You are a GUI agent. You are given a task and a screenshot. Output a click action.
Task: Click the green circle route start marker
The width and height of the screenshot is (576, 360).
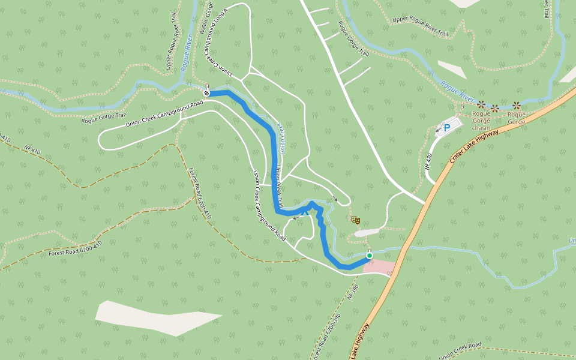tap(370, 256)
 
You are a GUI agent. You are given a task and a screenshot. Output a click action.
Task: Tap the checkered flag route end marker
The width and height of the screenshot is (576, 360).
tap(206, 93)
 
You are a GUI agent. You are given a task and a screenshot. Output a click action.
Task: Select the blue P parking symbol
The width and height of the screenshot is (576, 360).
tap(446, 128)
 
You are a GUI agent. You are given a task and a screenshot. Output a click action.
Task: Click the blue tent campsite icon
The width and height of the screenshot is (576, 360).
tap(305, 212)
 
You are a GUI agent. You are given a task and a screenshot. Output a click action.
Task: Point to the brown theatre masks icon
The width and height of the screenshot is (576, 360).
tap(356, 220)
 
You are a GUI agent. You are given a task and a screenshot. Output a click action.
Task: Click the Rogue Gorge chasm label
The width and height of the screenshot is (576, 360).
tap(481, 121)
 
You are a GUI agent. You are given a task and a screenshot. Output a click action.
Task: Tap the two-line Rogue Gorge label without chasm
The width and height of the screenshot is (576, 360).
tap(517, 118)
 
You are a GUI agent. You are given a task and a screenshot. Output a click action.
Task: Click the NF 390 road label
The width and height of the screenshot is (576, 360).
tap(353, 292)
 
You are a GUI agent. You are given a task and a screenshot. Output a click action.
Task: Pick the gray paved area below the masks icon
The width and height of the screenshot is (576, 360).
tap(367, 232)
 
